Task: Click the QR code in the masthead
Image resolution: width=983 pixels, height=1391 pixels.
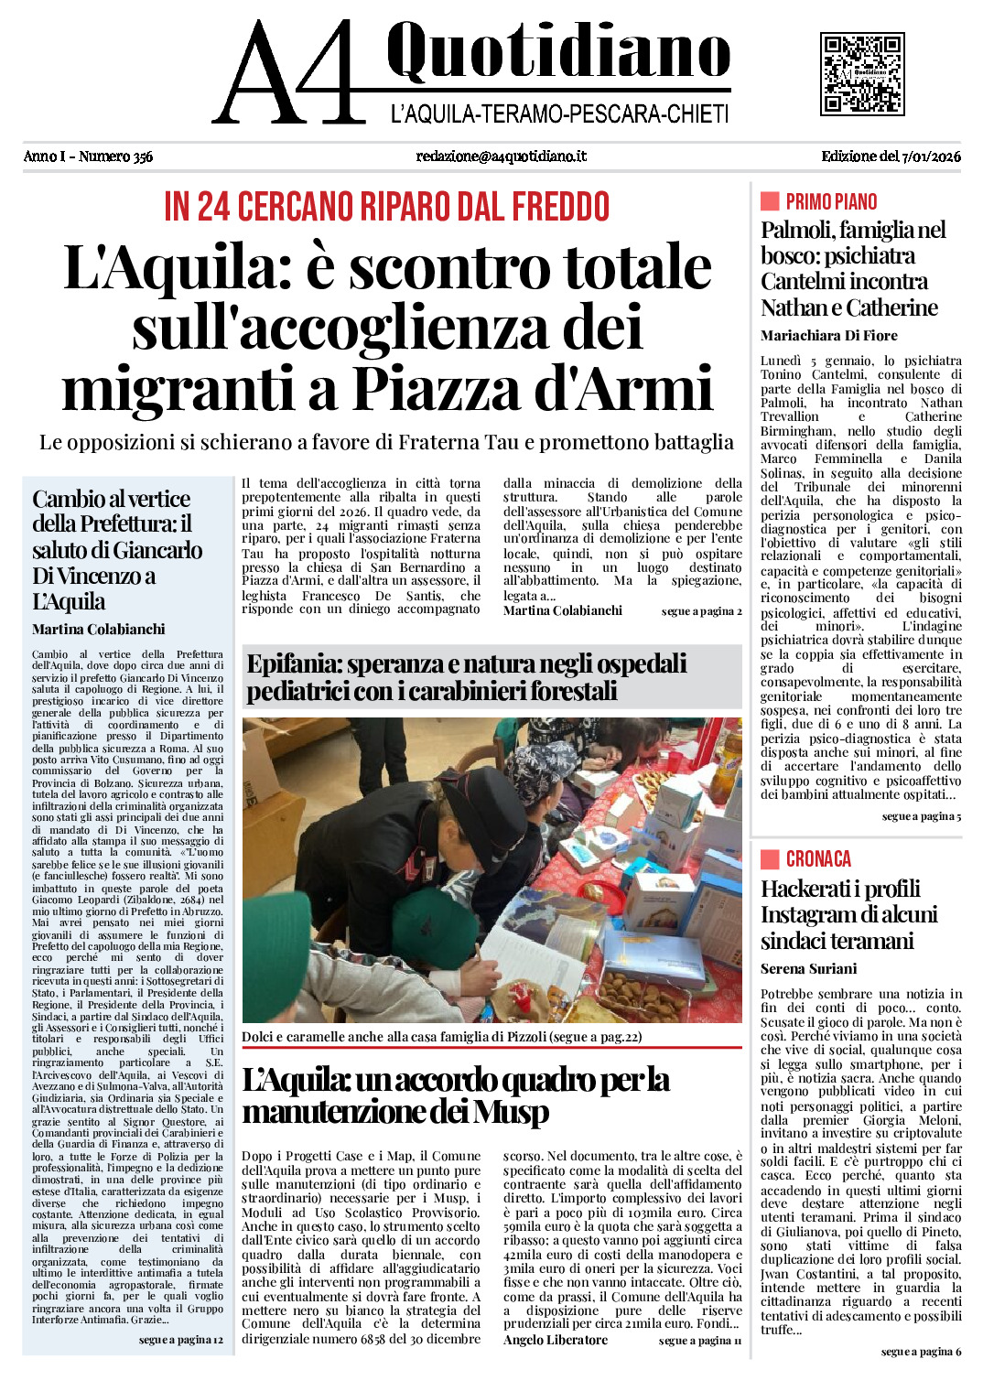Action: click(x=862, y=74)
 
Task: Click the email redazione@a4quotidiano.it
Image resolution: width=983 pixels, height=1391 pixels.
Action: click(x=501, y=156)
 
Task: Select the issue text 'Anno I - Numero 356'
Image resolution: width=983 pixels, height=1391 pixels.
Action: click(x=88, y=156)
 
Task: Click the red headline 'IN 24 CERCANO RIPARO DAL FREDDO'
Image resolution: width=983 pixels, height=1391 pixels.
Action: click(x=386, y=207)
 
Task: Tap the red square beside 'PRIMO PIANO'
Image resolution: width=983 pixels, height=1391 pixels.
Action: click(x=770, y=201)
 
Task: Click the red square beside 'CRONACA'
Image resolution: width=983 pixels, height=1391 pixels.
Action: click(x=770, y=858)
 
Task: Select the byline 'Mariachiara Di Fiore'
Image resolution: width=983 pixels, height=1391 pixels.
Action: click(x=828, y=336)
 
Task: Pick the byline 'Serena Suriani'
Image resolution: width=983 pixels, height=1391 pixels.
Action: click(x=808, y=969)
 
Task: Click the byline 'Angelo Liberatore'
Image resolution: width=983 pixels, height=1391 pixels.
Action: click(x=555, y=1340)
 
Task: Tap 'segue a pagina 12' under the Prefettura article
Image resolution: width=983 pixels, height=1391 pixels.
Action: click(x=180, y=1340)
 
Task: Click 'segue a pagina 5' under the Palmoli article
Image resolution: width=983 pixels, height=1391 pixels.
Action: click(x=921, y=816)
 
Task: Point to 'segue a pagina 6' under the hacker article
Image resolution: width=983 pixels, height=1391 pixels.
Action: click(x=921, y=1352)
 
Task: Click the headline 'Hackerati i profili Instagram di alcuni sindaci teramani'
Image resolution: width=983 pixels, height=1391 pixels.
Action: click(x=848, y=914)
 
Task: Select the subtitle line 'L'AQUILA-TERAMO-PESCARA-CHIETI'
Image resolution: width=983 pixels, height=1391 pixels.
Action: click(x=559, y=114)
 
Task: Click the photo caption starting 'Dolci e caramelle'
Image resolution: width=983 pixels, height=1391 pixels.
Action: click(x=441, y=1037)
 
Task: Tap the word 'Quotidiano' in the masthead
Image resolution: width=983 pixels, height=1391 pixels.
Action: click(x=558, y=53)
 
